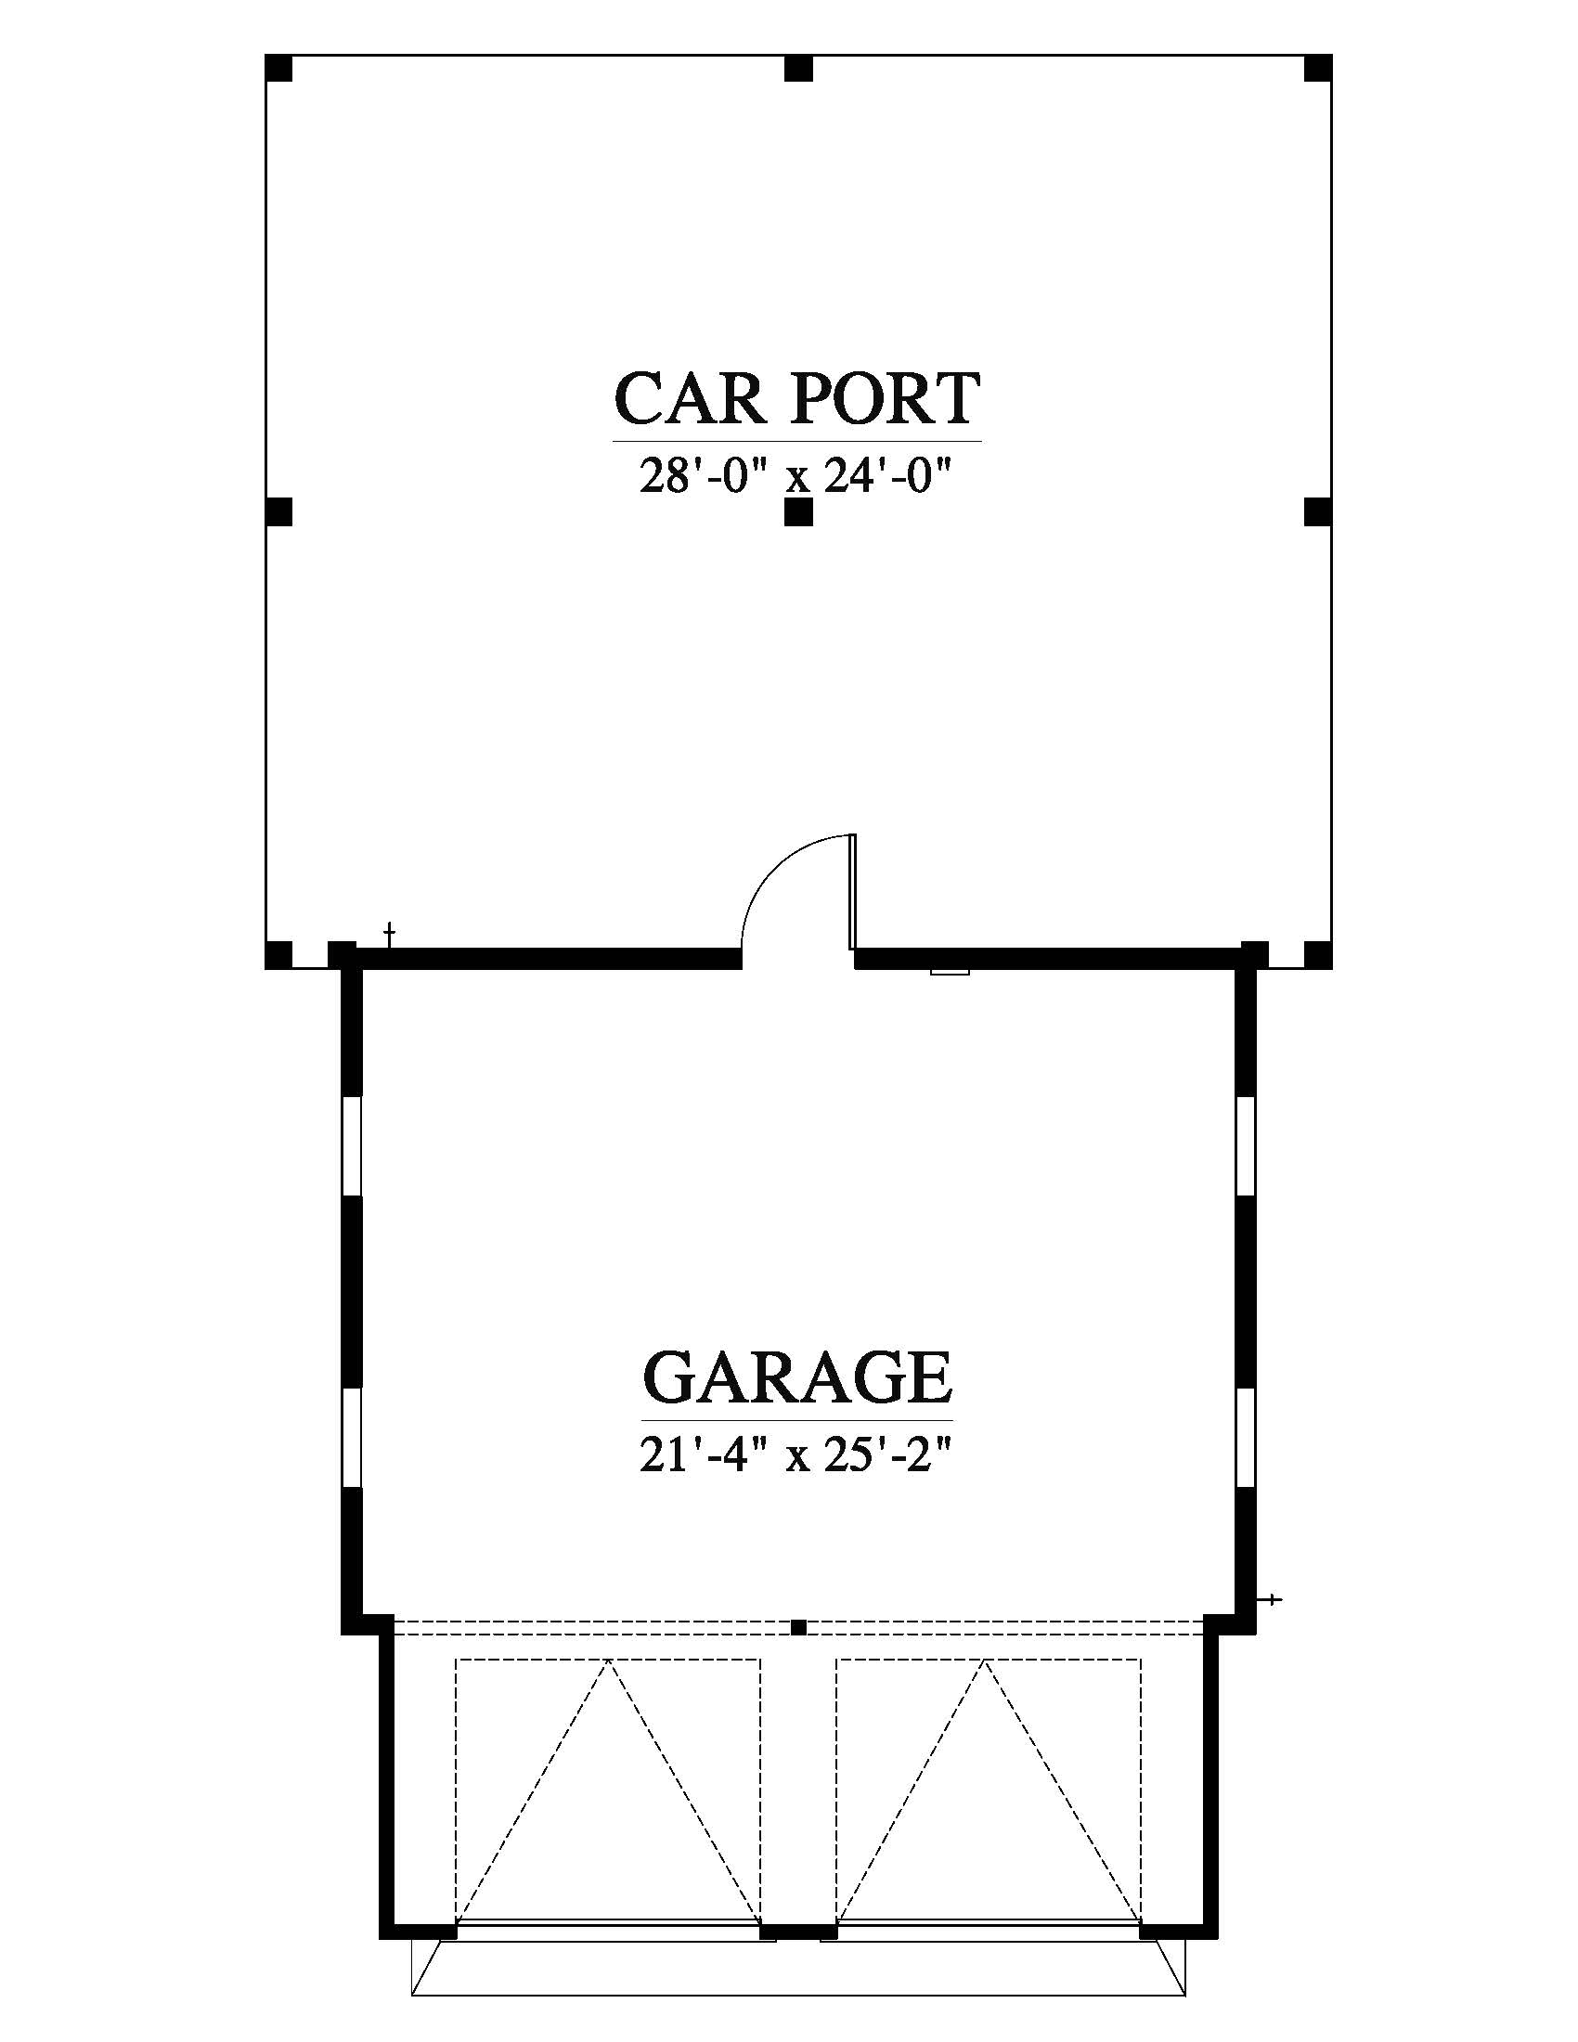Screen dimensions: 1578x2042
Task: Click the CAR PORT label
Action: [x=796, y=399]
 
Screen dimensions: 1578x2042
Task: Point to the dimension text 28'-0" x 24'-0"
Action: [x=795, y=478]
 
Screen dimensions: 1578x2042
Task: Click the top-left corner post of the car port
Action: [x=279, y=70]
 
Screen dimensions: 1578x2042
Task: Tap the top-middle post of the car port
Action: [x=798, y=70]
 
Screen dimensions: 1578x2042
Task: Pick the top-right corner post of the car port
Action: [x=1317, y=70]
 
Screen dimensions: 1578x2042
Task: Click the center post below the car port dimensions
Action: [x=798, y=512]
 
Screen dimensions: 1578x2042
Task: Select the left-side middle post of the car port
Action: [x=279, y=512]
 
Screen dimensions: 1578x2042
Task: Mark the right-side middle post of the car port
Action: [x=1317, y=512]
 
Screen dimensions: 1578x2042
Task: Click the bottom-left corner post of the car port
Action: [x=279, y=954]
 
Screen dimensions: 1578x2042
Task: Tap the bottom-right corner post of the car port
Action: [x=1317, y=954]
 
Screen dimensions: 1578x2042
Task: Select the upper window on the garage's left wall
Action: [x=352, y=1145]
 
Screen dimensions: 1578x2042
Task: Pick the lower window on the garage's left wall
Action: [x=352, y=1439]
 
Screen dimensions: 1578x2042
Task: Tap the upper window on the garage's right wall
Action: [x=1245, y=1145]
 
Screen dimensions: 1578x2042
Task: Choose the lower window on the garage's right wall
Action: [x=1245, y=1439]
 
